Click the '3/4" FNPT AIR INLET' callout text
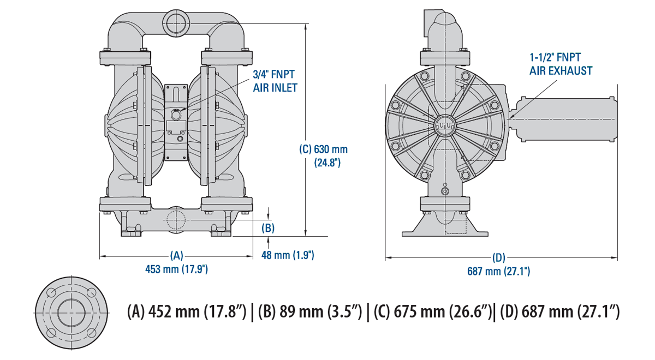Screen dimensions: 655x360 click(x=275, y=81)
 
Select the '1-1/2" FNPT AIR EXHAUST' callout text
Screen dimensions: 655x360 click(x=561, y=63)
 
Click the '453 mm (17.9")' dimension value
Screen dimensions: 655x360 click(x=176, y=269)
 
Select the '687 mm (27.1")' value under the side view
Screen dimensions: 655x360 click(x=499, y=271)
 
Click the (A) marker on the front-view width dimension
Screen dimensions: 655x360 click(x=176, y=255)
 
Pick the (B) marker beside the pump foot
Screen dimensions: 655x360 click(x=267, y=227)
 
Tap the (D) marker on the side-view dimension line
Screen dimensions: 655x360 click(x=499, y=257)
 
